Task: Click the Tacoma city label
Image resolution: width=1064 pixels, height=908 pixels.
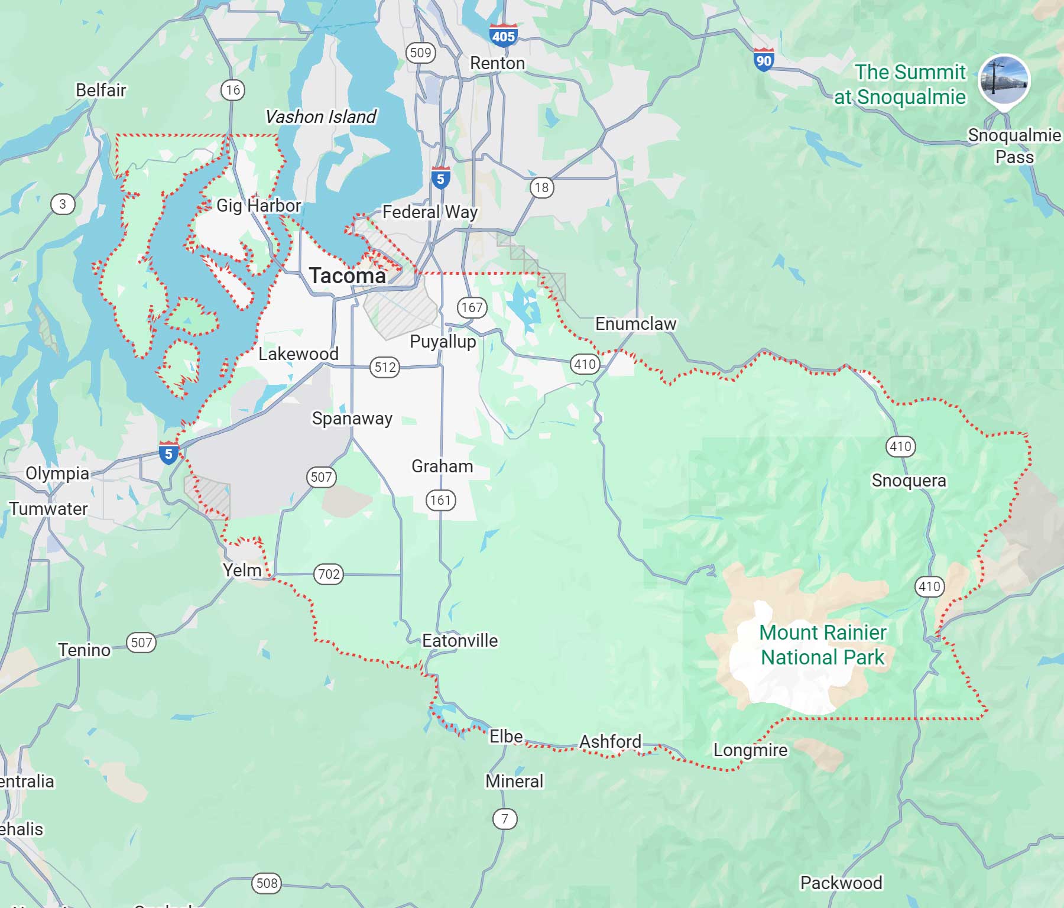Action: click(347, 275)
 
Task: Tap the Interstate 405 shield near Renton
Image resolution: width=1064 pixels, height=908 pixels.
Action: click(503, 35)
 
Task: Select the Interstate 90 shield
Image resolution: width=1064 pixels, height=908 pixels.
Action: click(764, 60)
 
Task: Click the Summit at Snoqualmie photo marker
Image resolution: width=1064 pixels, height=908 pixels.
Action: click(1004, 81)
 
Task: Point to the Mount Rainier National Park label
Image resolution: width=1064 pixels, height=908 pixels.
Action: click(822, 645)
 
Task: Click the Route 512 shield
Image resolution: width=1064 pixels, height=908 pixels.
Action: click(385, 367)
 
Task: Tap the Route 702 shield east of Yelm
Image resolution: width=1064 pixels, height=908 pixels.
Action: click(329, 574)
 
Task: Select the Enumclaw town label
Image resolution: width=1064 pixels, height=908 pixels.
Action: click(635, 324)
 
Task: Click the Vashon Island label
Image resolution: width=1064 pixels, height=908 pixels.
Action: click(320, 116)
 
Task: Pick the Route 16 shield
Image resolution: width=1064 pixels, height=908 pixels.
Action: click(233, 90)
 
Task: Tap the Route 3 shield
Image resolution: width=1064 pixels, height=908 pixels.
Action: click(63, 205)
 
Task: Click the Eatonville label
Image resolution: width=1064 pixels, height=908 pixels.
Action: click(460, 640)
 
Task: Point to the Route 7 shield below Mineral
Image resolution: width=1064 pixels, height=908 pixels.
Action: click(504, 819)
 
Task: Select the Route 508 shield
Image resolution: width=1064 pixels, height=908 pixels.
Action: click(267, 883)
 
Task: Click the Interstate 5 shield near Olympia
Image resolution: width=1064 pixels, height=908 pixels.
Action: click(168, 453)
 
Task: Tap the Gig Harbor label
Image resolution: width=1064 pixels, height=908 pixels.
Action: click(258, 205)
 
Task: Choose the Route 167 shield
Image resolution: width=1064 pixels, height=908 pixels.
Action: click(471, 307)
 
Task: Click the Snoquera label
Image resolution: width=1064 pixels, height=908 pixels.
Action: click(909, 480)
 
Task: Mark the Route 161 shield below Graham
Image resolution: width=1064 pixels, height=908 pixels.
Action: click(440, 500)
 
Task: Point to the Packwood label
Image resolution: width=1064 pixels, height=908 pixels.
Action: click(841, 883)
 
